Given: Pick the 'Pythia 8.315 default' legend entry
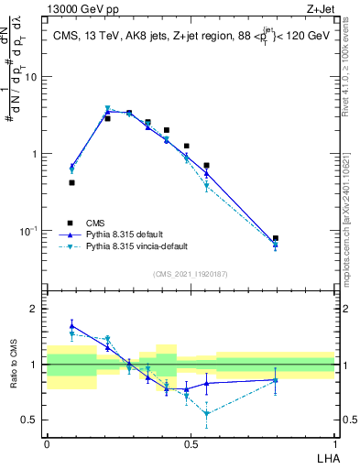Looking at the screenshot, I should (126, 234).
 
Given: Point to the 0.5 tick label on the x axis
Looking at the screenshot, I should (191, 443).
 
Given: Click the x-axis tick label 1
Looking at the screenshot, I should (334, 443).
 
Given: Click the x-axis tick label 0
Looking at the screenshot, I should (47, 443).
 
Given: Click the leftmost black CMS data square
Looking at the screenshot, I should (72, 182).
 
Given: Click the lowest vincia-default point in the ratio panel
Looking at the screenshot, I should (207, 413).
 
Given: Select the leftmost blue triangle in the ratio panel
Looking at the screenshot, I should (72, 325).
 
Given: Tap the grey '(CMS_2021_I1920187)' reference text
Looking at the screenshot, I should (191, 273).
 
